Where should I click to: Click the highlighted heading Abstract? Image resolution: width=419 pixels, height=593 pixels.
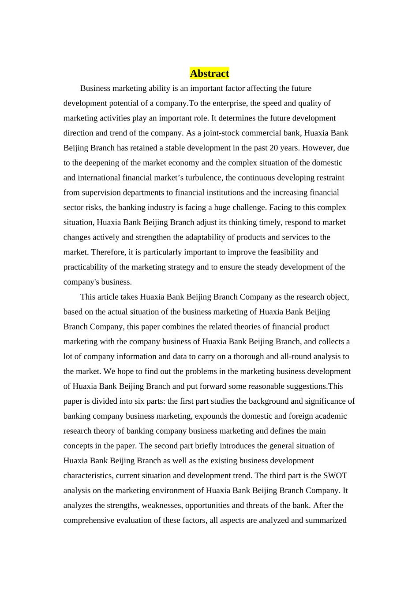[209, 73]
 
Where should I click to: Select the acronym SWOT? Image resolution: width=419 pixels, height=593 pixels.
[335, 476]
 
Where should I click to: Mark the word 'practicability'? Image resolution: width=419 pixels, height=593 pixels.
[87, 267]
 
